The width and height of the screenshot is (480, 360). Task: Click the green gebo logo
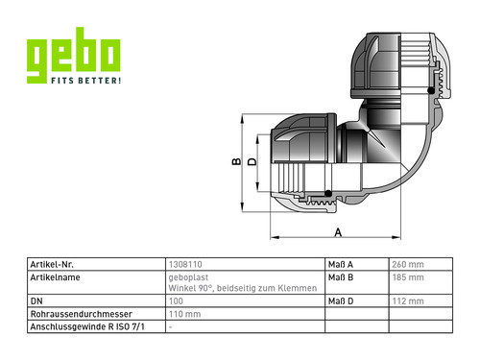tap(74, 56)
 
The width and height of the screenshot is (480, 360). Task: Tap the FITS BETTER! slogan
tap(86, 81)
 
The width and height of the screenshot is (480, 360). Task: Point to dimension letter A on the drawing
tap(338, 232)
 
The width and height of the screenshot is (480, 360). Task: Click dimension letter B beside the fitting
tap(236, 161)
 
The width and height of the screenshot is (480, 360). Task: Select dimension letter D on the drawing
tap(252, 161)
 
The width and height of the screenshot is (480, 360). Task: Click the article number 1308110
tap(185, 265)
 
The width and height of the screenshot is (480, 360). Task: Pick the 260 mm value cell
tap(408, 265)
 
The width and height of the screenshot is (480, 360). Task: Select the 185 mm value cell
tap(408, 277)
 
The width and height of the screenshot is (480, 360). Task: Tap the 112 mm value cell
tap(408, 301)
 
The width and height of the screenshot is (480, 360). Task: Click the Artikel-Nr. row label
tap(52, 265)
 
